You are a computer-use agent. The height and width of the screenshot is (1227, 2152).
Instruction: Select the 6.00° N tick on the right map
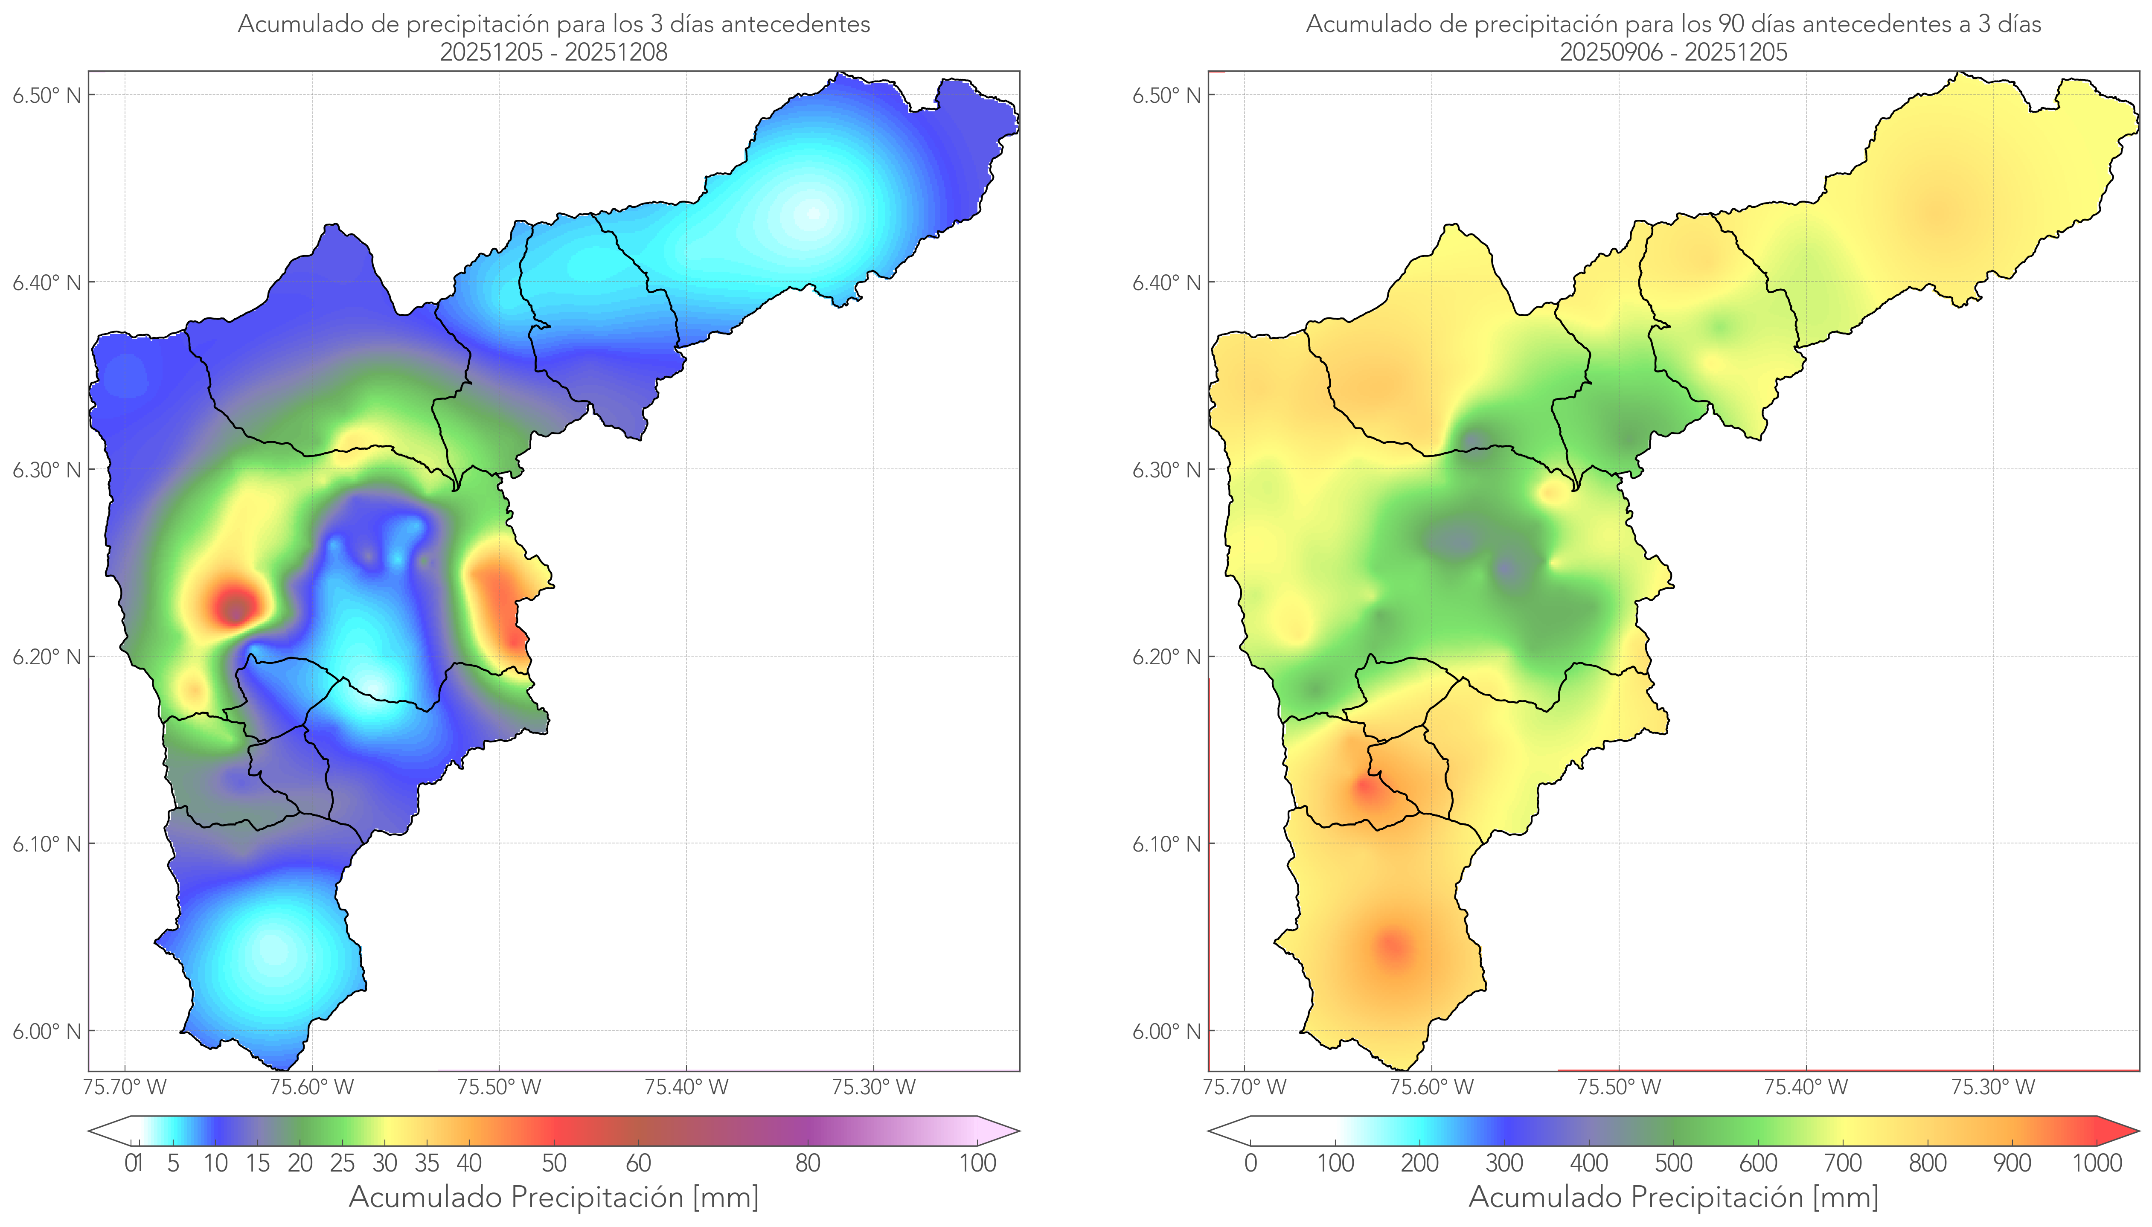pos(1166,1032)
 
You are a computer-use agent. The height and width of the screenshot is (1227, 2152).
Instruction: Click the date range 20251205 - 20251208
pos(554,52)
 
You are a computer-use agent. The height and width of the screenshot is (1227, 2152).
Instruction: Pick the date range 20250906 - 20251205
pos(1673,52)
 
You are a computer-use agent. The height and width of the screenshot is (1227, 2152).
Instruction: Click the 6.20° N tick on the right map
pos(1166,657)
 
